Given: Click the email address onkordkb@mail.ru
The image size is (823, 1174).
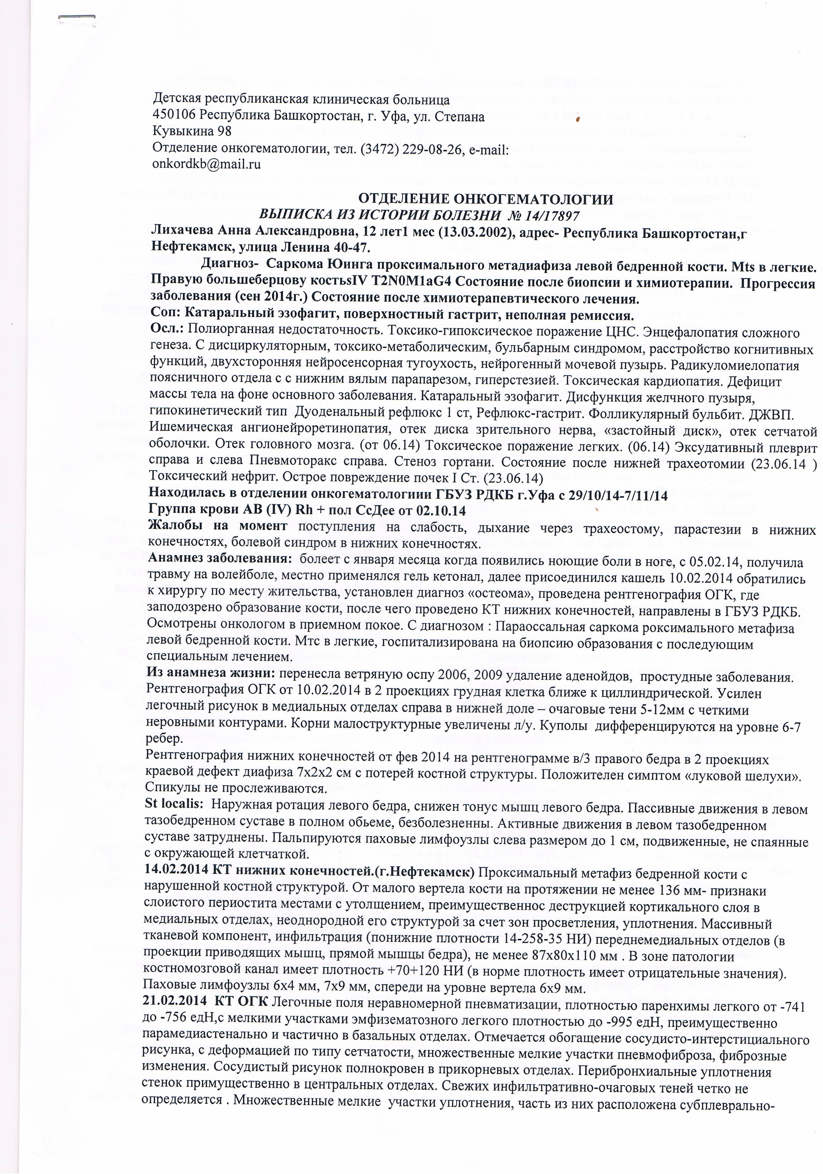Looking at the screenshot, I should pyautogui.click(x=206, y=164).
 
